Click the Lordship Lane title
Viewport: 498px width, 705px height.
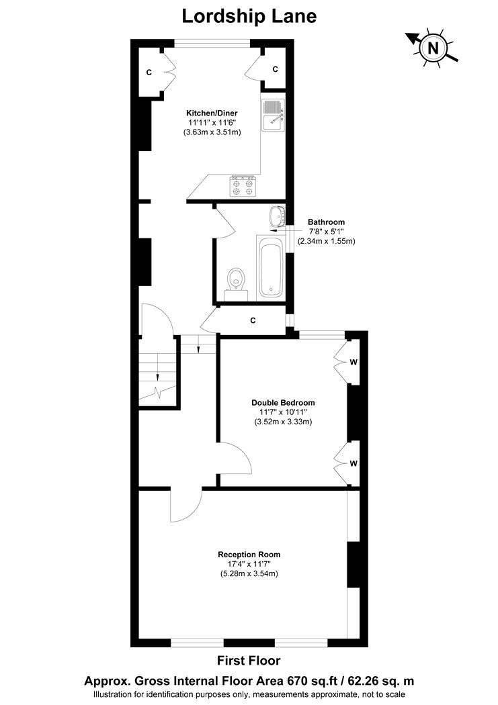pos(249,16)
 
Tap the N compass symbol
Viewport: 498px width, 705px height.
pos(433,47)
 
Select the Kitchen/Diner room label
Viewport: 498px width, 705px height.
pos(212,113)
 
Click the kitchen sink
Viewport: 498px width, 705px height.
pos(273,115)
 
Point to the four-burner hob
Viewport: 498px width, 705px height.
pos(243,186)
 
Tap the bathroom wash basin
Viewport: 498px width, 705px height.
pos(278,217)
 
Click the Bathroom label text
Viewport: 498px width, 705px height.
pos(326,222)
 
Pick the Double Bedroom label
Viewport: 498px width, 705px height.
pos(283,403)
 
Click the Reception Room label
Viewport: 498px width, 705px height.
pos(249,555)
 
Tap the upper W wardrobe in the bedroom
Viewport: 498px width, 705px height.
pos(346,361)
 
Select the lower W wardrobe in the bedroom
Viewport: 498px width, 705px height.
pos(346,463)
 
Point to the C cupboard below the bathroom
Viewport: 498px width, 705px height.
pos(253,320)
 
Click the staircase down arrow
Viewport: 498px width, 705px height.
pos(158,367)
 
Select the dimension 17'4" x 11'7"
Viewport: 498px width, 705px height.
pos(249,564)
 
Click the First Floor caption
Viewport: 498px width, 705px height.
pos(249,661)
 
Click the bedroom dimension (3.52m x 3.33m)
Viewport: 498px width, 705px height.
pos(283,422)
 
